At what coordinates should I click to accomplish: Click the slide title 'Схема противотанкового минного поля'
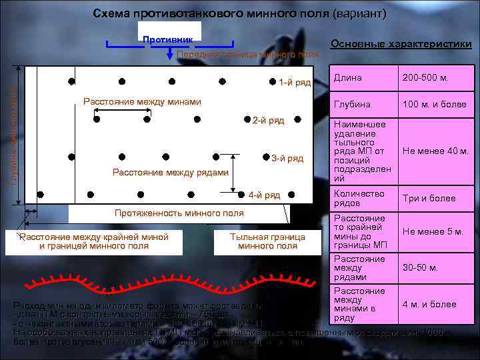pos(239,13)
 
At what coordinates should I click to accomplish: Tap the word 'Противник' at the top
pos(168,40)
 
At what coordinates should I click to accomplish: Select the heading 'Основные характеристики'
pos(401,44)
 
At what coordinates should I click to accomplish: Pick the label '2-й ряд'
pos(268,120)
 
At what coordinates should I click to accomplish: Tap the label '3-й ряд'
pos(287,158)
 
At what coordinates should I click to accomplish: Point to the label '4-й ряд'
pos(264,195)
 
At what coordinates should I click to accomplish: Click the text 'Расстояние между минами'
pos(141,101)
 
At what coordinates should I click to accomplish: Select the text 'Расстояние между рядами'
pos(171,173)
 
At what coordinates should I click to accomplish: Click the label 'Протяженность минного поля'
pos(179,213)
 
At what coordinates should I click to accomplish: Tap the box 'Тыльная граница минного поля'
pos(267,241)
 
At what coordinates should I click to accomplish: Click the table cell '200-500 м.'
pos(425,78)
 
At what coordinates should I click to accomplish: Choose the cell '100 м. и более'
pos(433,105)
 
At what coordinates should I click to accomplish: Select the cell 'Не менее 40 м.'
pos(435,151)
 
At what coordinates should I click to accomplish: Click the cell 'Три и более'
pos(429,198)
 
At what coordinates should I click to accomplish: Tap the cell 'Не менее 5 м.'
pos(433,231)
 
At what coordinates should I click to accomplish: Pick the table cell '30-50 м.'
pos(420,268)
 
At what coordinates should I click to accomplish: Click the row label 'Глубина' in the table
pos(348,105)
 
